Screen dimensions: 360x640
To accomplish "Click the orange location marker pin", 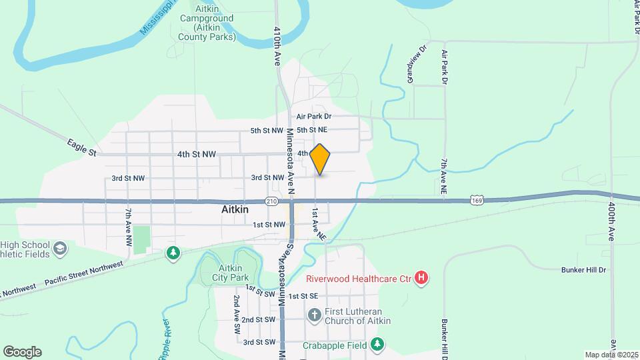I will pyautogui.click(x=320, y=159).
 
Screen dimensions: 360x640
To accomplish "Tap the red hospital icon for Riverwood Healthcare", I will pyautogui.click(x=421, y=278).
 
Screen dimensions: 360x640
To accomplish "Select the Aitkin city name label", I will pyautogui.click(x=235, y=209).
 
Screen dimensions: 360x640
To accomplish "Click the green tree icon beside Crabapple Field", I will pyautogui.click(x=378, y=345).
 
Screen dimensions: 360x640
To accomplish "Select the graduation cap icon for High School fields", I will pyautogui.click(x=59, y=249).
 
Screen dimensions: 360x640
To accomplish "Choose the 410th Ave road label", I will pyautogui.click(x=277, y=45).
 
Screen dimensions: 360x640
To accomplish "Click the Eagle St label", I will pyautogui.click(x=82, y=147).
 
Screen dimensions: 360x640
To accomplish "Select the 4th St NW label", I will pyautogui.click(x=197, y=154).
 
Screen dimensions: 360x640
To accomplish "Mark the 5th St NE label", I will pyautogui.click(x=312, y=130).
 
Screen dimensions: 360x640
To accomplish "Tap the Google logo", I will pyautogui.click(x=22, y=352).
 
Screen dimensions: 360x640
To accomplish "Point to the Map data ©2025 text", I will pyautogui.click(x=611, y=355).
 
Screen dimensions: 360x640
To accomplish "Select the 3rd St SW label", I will pyautogui.click(x=259, y=342).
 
